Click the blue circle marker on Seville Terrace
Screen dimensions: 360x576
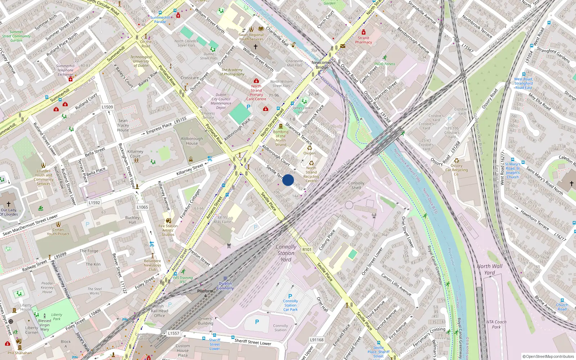point(288,180)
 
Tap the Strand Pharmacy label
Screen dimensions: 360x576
point(363,40)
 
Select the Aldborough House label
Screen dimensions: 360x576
point(192,141)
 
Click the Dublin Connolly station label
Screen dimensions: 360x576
point(225,286)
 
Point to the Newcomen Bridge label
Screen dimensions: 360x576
point(322,65)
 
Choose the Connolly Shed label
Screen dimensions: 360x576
point(356,185)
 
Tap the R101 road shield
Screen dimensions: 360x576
point(307,249)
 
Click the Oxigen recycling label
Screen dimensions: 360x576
point(309,153)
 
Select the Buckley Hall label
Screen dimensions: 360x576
point(132,220)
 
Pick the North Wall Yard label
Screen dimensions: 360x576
point(489,269)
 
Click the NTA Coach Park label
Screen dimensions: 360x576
point(496,324)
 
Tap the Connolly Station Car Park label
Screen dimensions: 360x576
point(290,305)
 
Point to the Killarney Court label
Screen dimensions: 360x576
point(135,154)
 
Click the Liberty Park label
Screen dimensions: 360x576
point(57,316)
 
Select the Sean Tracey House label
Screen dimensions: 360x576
point(123,125)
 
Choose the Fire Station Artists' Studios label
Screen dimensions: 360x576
point(168,230)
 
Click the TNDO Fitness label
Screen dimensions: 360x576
point(384,64)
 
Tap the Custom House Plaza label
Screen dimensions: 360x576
point(183,350)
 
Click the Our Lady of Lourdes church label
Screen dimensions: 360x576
point(9,212)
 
